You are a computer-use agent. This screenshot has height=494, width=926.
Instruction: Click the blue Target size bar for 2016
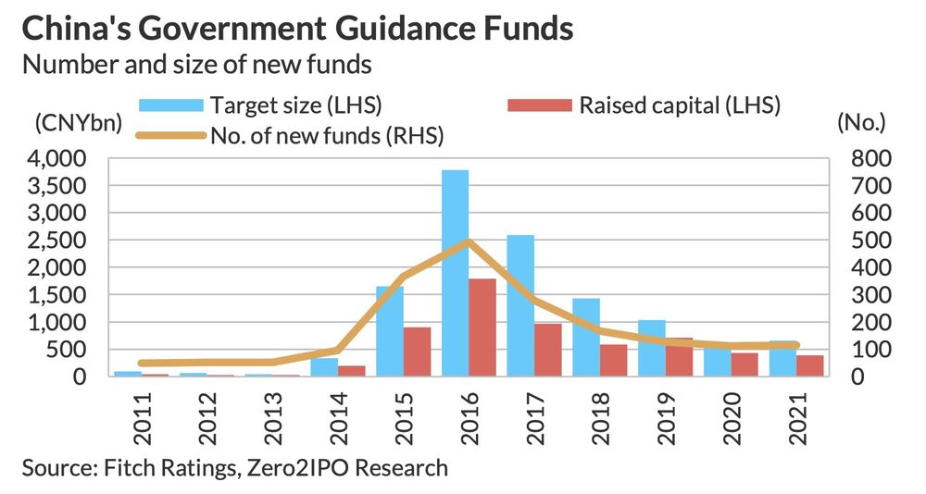point(455,273)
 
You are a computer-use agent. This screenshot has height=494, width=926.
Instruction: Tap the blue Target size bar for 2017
point(520,305)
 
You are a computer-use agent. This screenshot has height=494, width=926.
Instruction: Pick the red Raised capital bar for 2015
point(417,352)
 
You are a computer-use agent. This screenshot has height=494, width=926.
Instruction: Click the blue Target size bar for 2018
point(585,337)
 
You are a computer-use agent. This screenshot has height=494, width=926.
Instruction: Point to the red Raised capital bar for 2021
point(810,365)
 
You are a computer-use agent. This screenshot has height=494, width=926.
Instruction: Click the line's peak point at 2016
point(469,241)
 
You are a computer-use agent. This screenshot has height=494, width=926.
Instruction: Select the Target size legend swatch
point(170,105)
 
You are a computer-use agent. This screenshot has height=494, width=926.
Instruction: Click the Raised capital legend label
point(681,105)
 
